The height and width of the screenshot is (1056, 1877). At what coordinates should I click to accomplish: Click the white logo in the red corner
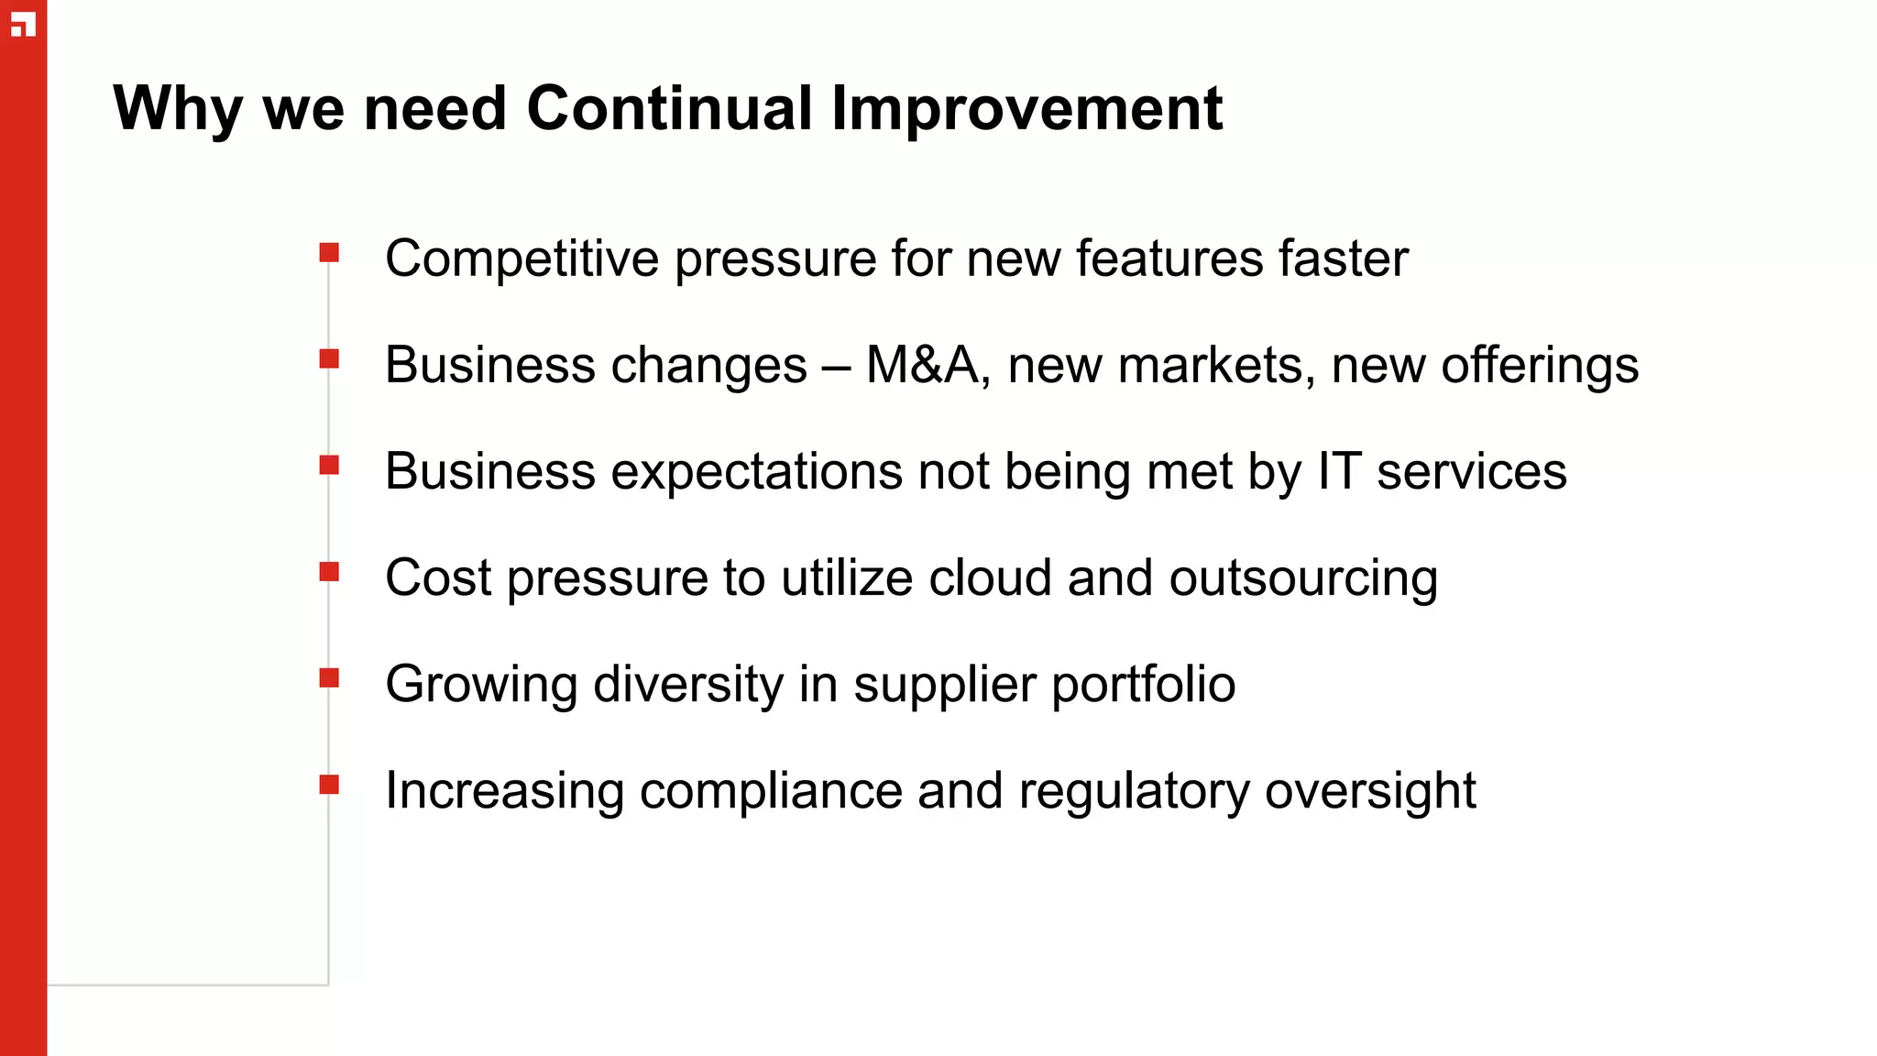point(23,25)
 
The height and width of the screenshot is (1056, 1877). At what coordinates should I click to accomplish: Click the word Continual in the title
point(669,109)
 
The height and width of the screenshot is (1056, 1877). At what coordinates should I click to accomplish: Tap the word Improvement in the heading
point(1026,109)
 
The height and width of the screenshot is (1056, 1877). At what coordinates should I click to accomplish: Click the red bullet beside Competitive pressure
point(329,252)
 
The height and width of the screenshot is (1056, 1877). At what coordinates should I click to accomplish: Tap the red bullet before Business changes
point(329,358)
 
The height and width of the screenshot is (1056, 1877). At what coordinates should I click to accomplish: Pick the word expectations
point(757,472)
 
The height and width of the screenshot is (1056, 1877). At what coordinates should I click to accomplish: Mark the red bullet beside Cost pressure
point(329,572)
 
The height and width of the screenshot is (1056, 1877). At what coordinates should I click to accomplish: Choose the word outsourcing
point(1303,579)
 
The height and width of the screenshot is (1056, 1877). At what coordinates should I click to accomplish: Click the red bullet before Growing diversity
point(329,677)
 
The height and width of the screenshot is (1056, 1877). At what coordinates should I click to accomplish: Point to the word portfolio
point(1143,685)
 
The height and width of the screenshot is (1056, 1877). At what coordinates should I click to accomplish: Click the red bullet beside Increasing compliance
point(329,784)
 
